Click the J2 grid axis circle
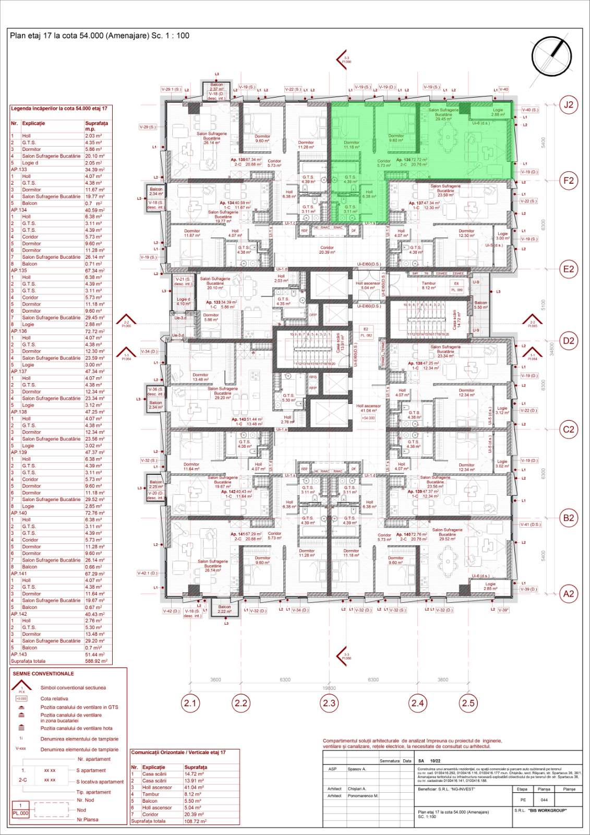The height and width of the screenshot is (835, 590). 568,105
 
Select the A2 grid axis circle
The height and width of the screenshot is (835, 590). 568,593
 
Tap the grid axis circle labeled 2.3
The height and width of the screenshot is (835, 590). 329,703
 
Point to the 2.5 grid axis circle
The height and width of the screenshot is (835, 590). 468,703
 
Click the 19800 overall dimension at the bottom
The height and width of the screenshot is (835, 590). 329,688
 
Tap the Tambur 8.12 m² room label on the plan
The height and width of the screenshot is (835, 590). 429,285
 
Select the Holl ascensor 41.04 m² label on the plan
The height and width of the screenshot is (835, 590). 368,408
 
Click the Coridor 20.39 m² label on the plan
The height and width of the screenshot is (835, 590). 327,250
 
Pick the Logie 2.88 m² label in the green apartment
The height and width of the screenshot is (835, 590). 498,112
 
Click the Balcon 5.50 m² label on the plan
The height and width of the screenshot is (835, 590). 480,305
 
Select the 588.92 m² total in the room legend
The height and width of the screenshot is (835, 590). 96,661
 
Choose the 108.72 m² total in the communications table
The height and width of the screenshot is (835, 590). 195,821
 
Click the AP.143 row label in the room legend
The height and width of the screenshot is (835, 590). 19,654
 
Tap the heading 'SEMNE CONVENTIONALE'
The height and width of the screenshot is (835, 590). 43,674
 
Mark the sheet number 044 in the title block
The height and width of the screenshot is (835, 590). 544,800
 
